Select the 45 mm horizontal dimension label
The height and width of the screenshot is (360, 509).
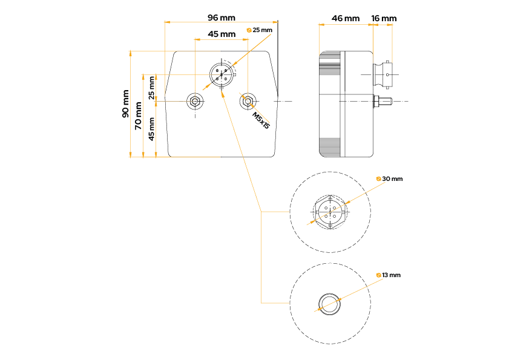click(222, 34)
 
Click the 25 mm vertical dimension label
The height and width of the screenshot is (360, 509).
click(151, 88)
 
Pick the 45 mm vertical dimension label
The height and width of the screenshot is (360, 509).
click(151, 128)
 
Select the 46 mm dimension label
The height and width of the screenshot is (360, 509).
click(346, 18)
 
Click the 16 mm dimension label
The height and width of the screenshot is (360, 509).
click(384, 18)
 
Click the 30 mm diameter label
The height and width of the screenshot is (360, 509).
click(392, 179)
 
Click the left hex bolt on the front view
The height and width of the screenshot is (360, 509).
click(194, 101)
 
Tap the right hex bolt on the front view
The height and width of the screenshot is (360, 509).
click(248, 101)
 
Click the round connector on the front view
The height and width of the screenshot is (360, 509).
click(220, 76)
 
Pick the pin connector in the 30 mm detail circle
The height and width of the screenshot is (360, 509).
click(330, 211)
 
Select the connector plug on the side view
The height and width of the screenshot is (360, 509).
click(386, 74)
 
